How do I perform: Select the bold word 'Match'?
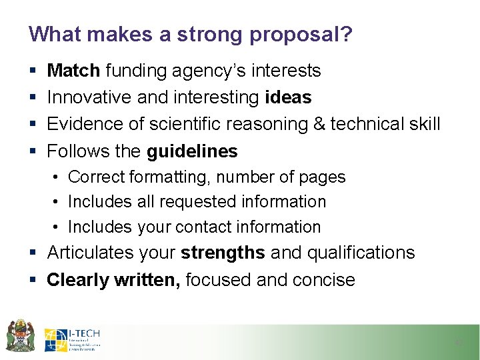click(x=73, y=71)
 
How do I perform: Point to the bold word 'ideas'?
click(x=288, y=97)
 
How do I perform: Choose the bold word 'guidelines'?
click(x=192, y=151)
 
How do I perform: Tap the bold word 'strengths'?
click(x=223, y=253)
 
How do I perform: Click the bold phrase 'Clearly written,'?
click(x=113, y=280)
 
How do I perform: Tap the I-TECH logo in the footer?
click(x=73, y=340)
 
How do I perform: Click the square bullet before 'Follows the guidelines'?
click(x=33, y=152)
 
